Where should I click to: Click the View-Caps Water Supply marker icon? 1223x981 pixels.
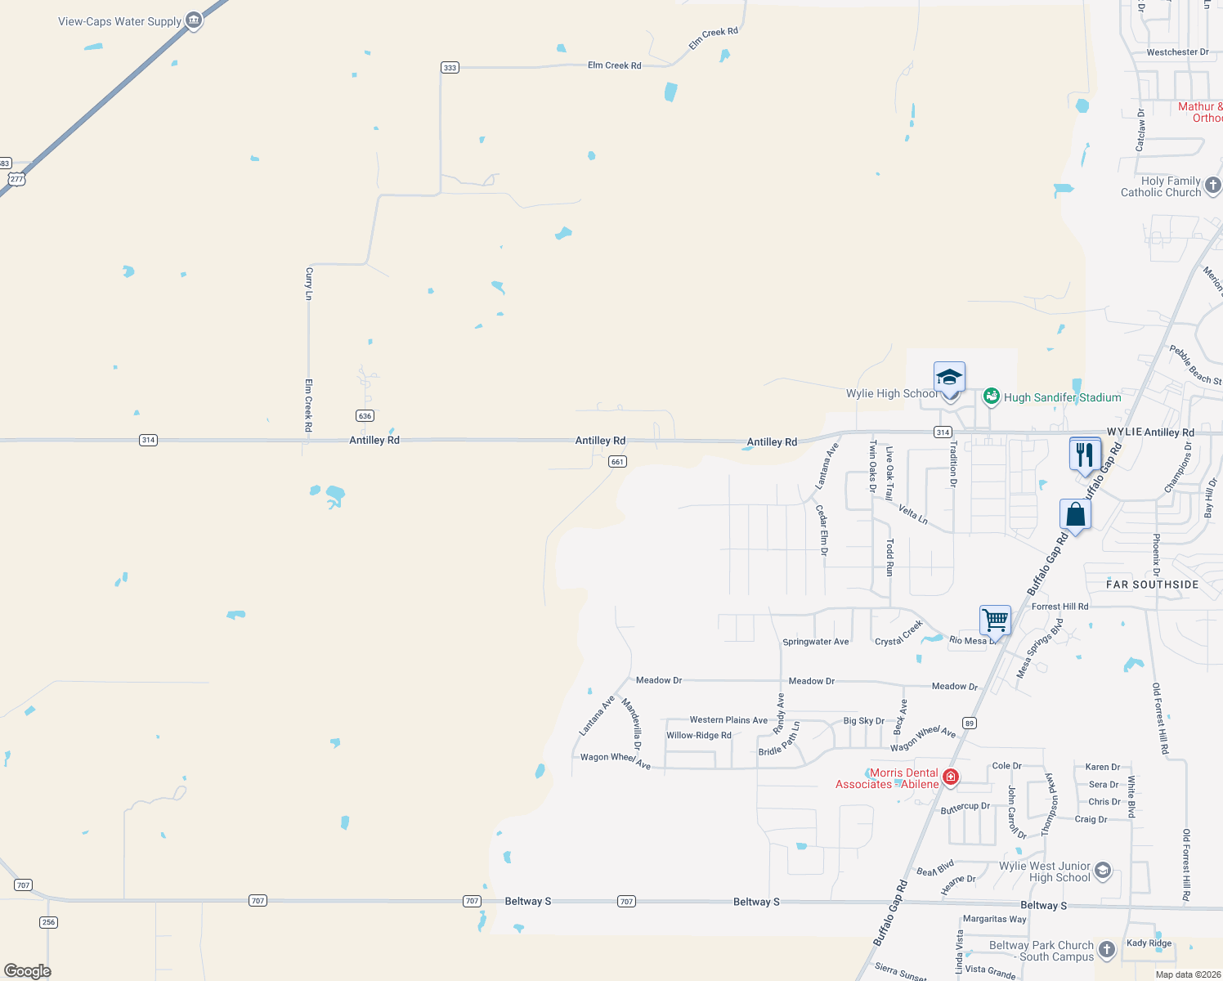[194, 20]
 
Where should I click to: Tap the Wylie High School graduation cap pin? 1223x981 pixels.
[949, 379]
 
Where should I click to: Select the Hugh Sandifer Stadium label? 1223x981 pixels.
[1062, 397]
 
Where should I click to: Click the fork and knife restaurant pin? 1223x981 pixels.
[1085, 455]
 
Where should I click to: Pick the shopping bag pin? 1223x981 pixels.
[1076, 515]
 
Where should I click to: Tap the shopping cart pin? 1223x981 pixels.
[995, 620]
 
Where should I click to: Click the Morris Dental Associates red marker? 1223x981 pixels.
[950, 777]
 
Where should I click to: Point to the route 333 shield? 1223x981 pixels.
[450, 67]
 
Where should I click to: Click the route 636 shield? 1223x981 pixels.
[365, 416]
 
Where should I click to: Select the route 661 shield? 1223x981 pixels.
[617, 462]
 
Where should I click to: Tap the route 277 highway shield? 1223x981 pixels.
[17, 179]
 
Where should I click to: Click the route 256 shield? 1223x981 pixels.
[48, 922]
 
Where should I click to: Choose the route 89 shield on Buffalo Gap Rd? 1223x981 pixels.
[969, 723]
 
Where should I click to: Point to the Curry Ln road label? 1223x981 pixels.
[309, 283]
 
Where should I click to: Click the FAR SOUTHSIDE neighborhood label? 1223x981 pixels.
[1152, 585]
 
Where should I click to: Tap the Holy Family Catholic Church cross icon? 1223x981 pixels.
[1213, 186]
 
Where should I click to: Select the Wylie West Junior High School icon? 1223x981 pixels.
[1103, 871]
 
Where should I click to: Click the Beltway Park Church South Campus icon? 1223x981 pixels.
[1107, 949]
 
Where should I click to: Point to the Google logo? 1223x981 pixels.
[28, 971]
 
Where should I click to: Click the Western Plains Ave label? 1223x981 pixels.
[728, 720]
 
